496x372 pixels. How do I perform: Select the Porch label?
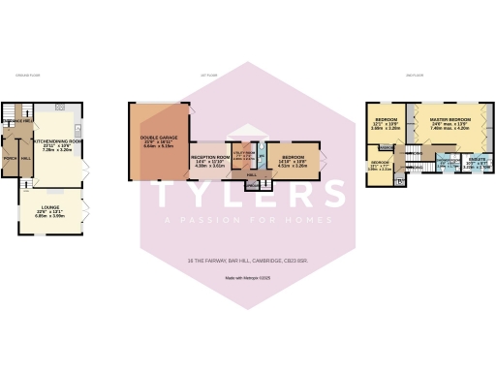point(11,157)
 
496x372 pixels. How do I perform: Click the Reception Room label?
point(210,156)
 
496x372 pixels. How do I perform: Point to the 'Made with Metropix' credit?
point(248,279)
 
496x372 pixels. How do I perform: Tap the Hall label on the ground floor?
point(26,157)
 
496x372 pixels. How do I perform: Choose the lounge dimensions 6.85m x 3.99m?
point(49,215)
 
